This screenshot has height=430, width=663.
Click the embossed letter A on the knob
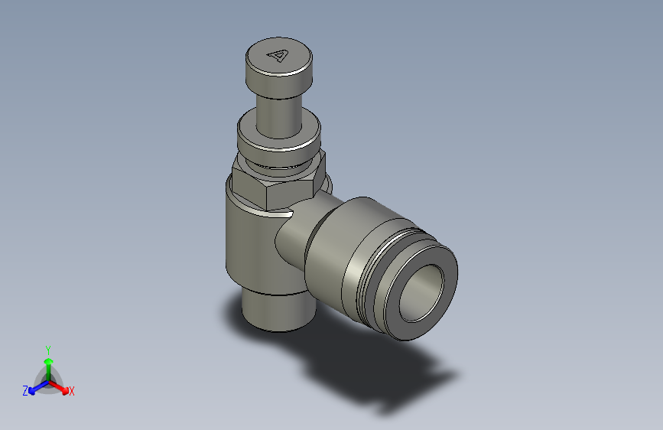278,55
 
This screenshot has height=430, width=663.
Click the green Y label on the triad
47,348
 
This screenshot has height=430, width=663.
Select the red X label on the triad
72,392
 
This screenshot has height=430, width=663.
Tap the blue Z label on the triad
25,391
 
